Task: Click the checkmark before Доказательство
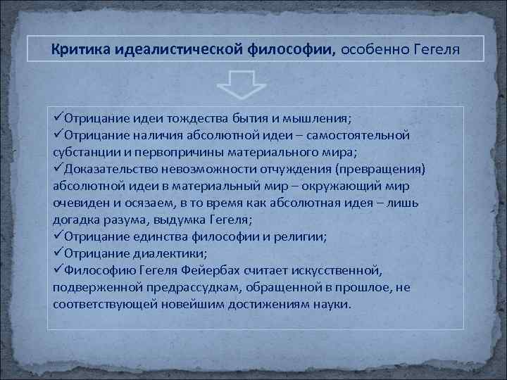tap(58, 168)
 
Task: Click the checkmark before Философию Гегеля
tap(58, 271)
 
